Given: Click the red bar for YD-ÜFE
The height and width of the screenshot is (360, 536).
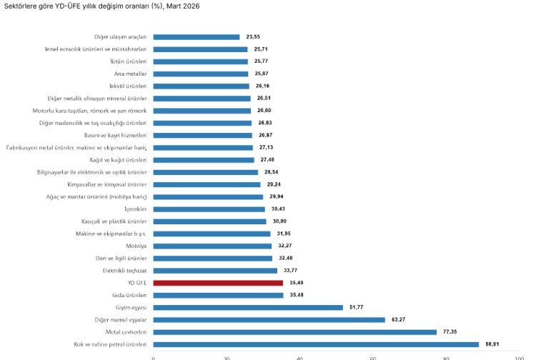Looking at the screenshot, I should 218,283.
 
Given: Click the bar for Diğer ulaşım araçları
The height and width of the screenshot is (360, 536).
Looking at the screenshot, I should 197,36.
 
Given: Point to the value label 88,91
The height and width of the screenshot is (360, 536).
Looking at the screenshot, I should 492,344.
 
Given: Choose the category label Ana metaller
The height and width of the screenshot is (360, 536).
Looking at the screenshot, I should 131,74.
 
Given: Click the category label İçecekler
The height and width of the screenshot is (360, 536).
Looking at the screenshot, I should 135,209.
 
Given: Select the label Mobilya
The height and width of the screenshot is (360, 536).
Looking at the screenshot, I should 136,246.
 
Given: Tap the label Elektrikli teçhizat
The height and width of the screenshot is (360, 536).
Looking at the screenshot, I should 124,271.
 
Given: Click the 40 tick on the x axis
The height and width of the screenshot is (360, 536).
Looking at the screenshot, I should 299,357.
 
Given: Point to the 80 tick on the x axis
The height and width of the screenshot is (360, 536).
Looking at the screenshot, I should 445,357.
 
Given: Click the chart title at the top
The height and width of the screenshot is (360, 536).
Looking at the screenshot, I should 102,6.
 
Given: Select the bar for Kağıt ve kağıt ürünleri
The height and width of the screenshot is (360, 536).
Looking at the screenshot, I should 204,160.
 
